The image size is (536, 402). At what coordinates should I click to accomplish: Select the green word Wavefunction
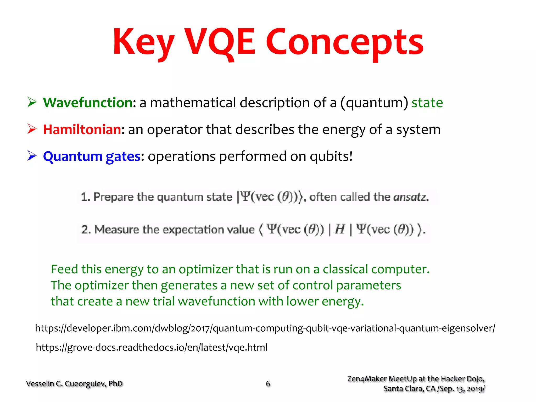[x=88, y=102]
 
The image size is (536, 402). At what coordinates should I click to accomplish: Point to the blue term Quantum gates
[x=92, y=156]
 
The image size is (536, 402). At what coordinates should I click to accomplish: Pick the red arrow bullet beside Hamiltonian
[x=32, y=129]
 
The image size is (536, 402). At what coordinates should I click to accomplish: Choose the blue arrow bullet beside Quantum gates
[x=32, y=156]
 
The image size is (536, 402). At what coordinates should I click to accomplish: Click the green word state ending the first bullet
[x=427, y=103]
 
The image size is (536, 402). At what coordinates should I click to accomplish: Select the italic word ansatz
[x=410, y=197]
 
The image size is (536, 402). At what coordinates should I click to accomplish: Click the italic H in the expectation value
[x=340, y=229]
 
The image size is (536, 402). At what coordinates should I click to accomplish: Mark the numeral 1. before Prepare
[x=85, y=197]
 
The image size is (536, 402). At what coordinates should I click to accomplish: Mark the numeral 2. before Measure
[x=86, y=230]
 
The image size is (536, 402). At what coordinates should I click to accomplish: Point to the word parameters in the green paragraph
[x=368, y=285]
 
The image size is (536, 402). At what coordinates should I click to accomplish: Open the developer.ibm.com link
[x=265, y=328]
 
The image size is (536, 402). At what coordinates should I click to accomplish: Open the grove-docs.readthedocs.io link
[x=152, y=347]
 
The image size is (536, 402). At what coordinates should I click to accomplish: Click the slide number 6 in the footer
[x=268, y=384]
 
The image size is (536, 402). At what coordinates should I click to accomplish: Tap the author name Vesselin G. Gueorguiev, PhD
[x=74, y=384]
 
